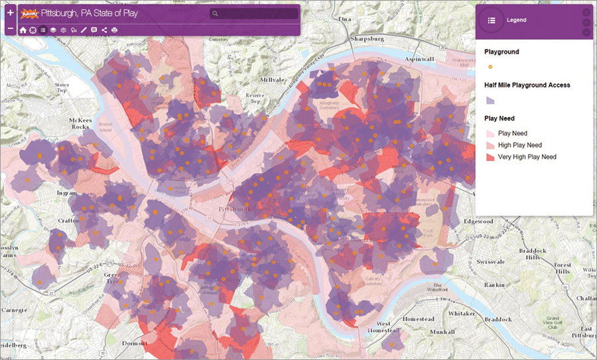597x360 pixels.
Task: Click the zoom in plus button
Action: pyautogui.click(x=10, y=13)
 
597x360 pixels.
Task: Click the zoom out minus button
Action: pyautogui.click(x=10, y=29)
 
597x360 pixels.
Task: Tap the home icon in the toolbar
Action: pyautogui.click(x=23, y=30)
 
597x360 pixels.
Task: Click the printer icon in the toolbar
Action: pyautogui.click(x=114, y=30)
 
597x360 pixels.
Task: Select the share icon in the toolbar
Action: pyautogui.click(x=104, y=30)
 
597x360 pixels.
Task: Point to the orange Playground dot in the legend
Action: pyautogui.click(x=490, y=67)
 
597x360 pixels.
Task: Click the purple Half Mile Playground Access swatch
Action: pyautogui.click(x=490, y=101)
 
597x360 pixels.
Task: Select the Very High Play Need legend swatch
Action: pyautogui.click(x=490, y=157)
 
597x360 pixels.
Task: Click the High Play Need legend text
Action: pyautogui.click(x=520, y=145)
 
